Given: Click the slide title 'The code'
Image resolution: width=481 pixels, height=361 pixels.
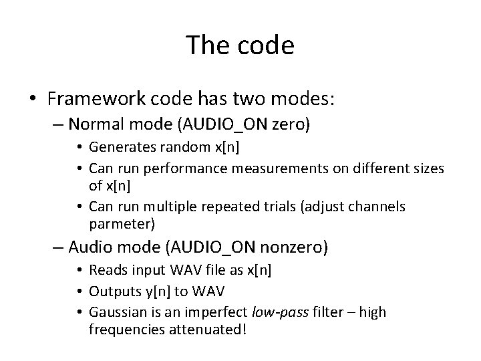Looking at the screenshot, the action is coord(240,45).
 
